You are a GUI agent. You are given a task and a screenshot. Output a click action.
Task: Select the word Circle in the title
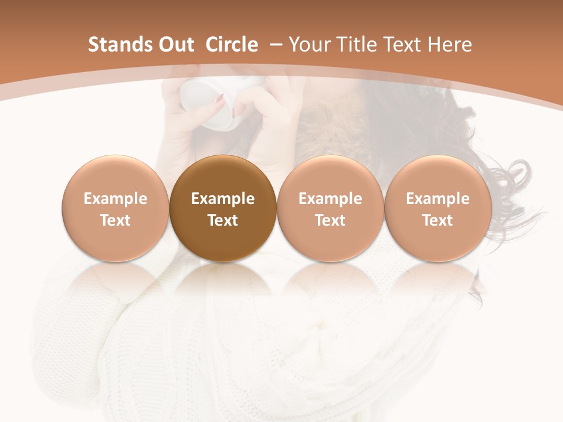(x=232, y=45)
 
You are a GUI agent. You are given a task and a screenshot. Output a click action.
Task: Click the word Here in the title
(x=450, y=45)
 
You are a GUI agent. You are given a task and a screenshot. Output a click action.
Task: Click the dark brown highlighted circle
(x=223, y=209)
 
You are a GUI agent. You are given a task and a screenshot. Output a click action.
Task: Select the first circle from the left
(x=115, y=209)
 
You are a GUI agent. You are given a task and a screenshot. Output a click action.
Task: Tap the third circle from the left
(x=330, y=209)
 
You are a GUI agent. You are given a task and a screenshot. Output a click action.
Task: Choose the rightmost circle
(x=437, y=209)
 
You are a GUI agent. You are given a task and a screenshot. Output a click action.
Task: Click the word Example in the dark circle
(x=223, y=199)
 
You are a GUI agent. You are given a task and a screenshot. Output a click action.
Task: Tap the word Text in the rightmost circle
(x=437, y=220)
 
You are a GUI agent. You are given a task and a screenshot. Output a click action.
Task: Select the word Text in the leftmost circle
(x=115, y=220)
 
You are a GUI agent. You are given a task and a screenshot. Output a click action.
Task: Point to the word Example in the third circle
(x=330, y=199)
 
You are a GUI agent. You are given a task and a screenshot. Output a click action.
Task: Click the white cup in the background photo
(x=214, y=103)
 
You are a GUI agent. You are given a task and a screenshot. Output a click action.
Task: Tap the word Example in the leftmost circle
(x=115, y=199)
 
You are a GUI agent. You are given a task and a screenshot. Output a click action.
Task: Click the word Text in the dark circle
(x=223, y=220)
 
